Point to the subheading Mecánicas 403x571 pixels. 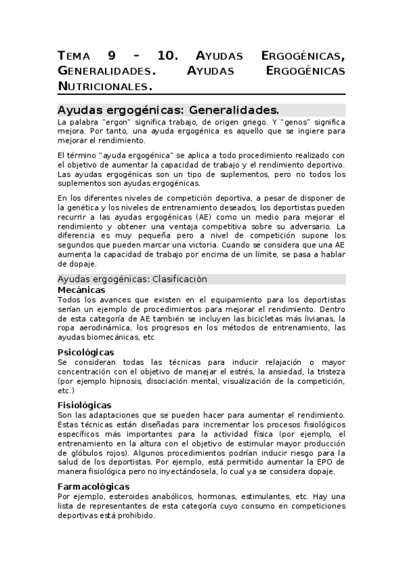pyautogui.click(x=81, y=290)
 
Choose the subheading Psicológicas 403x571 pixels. pyautogui.click(x=85, y=352)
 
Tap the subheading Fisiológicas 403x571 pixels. pyautogui.click(x=84, y=405)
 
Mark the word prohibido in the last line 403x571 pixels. pyautogui.click(x=135, y=515)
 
